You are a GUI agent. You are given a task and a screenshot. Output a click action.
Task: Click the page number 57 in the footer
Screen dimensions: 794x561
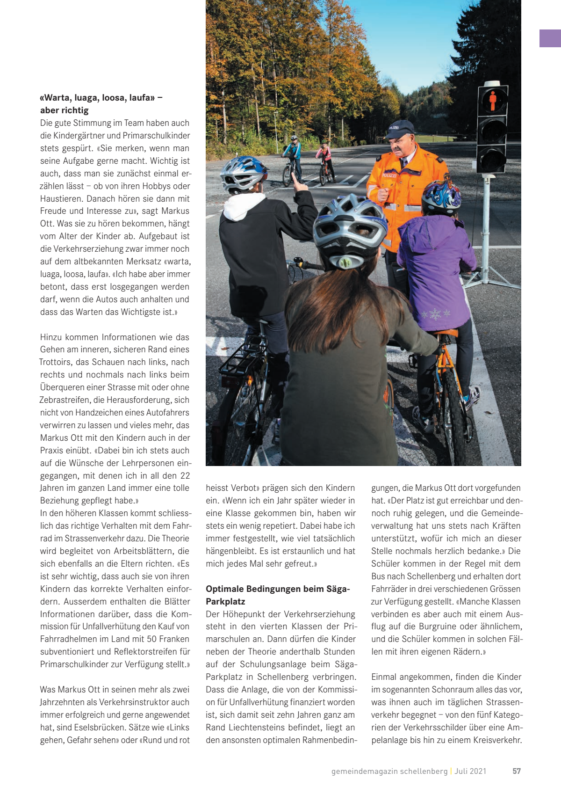tap(517, 771)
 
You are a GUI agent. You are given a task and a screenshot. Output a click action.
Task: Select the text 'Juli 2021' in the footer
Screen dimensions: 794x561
tap(470, 771)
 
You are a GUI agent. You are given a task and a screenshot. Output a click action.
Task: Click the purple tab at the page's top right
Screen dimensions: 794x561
tap(550, 38)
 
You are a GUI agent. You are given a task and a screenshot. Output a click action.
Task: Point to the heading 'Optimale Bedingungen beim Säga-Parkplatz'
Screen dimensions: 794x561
tap(278, 595)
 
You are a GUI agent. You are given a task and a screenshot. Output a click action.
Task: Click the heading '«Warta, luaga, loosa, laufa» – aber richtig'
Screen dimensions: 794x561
tap(101, 104)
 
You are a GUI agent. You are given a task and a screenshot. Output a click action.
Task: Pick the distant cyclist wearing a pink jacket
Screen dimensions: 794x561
tap(324, 154)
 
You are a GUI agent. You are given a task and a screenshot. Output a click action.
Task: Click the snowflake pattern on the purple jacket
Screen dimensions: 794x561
tap(435, 313)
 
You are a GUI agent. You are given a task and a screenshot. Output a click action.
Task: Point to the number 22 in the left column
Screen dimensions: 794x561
tap(185, 475)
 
